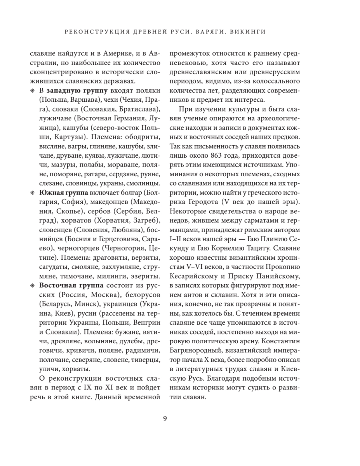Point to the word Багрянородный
pos(189,350)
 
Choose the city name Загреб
pos(144,220)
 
